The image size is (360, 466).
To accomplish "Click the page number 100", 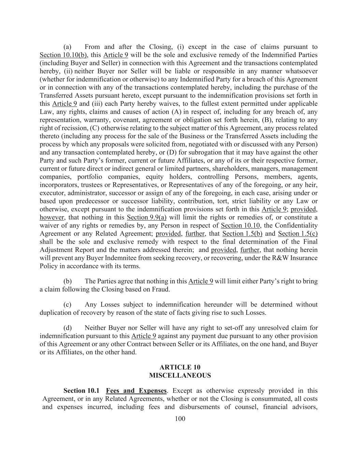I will pos(180,419).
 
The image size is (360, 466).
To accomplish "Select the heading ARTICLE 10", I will pos(180,367).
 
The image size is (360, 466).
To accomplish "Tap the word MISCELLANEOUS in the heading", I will pos(180,376).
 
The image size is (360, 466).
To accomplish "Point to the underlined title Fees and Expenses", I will pos(136,391).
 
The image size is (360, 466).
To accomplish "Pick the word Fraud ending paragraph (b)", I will pos(160,290).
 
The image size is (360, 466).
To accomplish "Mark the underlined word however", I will pos(52,217).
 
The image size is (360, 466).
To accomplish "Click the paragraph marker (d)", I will pos(68,328).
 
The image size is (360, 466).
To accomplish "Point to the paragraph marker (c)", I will pos(68,305).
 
